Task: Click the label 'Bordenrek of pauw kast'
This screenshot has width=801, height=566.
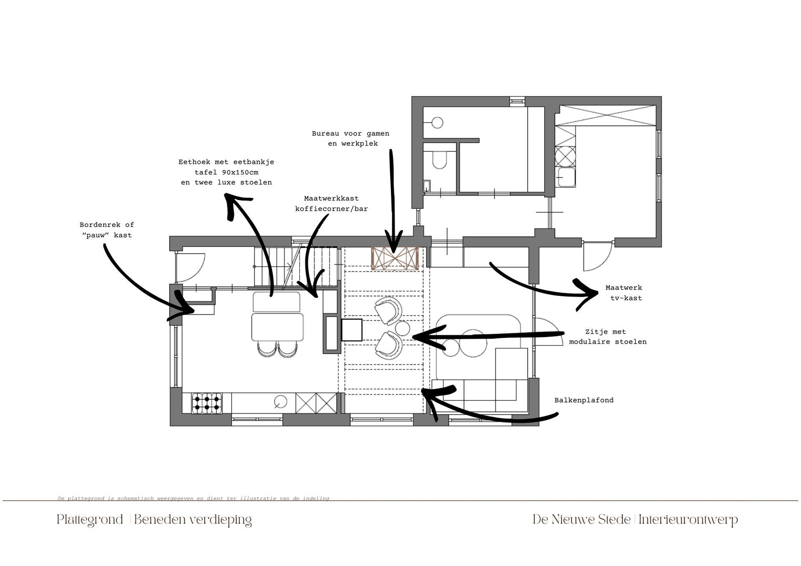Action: point(107,230)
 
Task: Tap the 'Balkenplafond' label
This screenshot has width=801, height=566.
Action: point(584,400)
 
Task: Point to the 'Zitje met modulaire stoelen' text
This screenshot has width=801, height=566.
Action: point(607,337)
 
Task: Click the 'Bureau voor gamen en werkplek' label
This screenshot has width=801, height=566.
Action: point(350,138)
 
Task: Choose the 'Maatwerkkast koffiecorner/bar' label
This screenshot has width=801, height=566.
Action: point(331,204)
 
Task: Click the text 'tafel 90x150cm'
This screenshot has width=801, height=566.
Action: point(226,172)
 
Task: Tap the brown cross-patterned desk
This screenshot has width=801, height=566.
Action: point(395,259)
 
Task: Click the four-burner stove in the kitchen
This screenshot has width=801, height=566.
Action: point(207,403)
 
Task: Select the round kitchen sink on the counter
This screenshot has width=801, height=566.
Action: point(280,402)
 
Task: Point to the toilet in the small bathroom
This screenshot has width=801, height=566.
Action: point(439,159)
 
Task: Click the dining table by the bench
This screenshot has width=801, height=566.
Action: point(277,327)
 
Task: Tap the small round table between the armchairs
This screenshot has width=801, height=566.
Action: point(403,328)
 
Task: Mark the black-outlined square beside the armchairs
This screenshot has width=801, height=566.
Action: point(352,330)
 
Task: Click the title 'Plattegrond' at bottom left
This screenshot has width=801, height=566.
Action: point(90,520)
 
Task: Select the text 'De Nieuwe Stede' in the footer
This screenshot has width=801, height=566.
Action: point(582,520)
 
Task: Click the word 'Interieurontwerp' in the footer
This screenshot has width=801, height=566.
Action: point(688,520)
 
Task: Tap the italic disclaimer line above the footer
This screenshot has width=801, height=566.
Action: point(194,498)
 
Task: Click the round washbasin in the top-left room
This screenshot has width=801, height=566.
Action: point(437,123)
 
